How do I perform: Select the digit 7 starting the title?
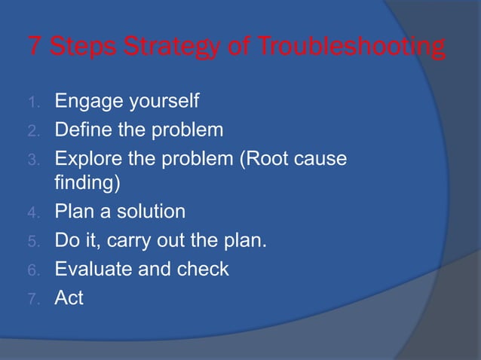(x=35, y=48)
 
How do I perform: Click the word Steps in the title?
(x=81, y=48)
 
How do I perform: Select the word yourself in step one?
(x=162, y=100)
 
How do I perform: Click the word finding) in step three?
(x=85, y=183)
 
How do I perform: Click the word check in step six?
(x=203, y=269)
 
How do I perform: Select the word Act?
(x=69, y=298)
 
